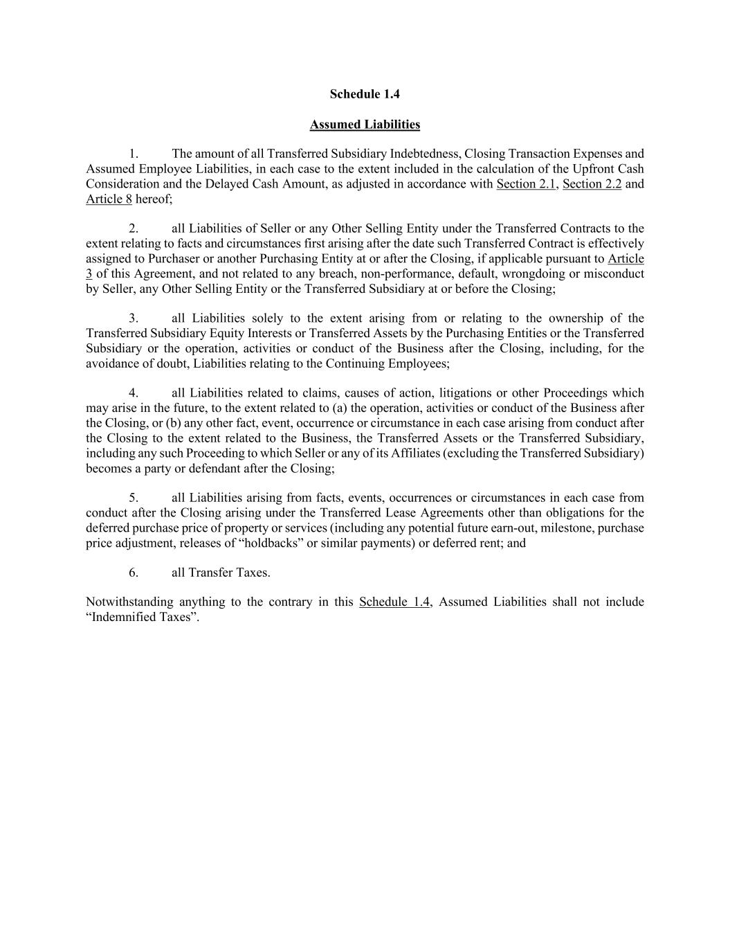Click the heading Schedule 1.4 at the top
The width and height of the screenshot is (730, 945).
click(365, 94)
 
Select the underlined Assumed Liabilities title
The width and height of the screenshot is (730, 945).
click(365, 125)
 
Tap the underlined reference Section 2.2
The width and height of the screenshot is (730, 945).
click(592, 184)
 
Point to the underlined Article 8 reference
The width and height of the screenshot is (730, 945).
click(109, 199)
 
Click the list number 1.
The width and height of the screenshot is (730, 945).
click(134, 154)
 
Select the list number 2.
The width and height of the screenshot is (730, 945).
click(134, 228)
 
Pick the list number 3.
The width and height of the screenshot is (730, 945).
click(134, 318)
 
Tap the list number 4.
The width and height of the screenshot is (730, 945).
click(134, 393)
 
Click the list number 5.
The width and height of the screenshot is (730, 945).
click(134, 498)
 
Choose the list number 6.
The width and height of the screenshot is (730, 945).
click(134, 573)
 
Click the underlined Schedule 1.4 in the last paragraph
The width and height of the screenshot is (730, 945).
click(394, 602)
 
